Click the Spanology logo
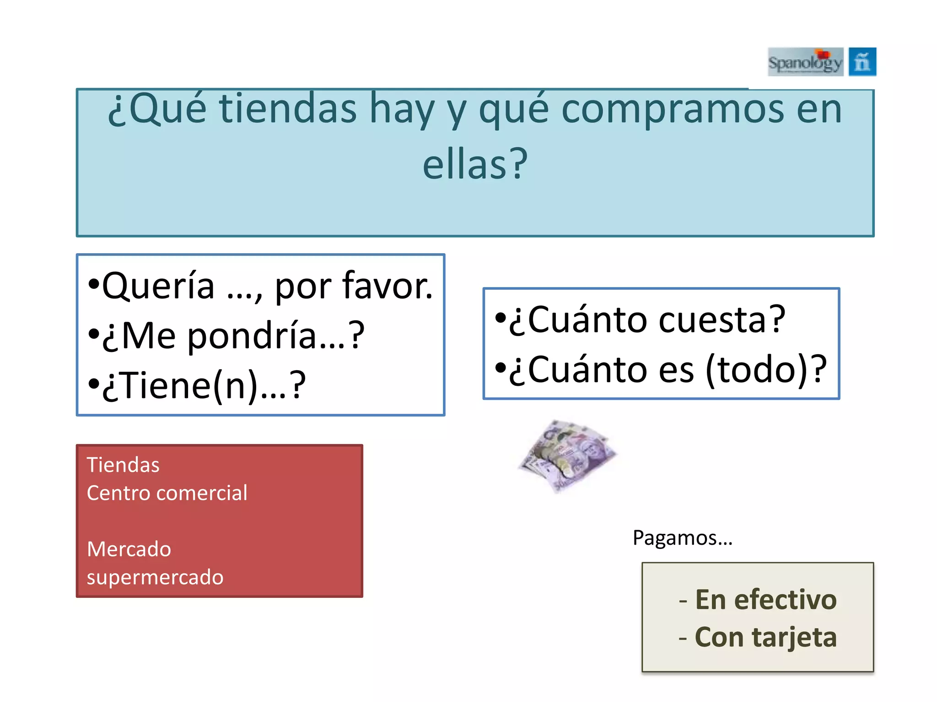click(805, 62)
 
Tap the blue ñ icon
click(862, 62)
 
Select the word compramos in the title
click(673, 110)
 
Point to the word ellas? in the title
click(475, 165)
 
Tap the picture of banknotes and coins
click(567, 455)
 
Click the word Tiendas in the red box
click(123, 465)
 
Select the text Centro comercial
click(167, 493)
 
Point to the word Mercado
click(129, 549)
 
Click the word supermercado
click(155, 577)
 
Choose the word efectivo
click(785, 600)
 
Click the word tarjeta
click(794, 638)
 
